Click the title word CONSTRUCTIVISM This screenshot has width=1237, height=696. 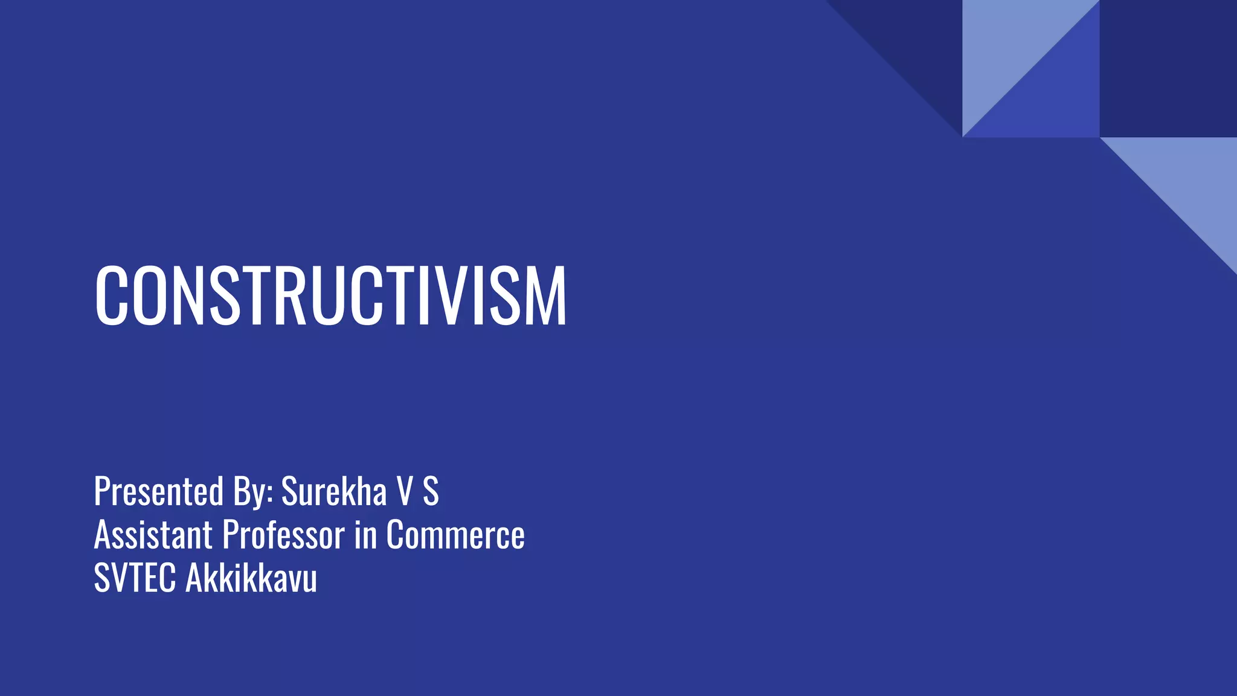[330, 297]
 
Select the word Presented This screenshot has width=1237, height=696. [159, 491]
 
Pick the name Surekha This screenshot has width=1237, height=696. [333, 491]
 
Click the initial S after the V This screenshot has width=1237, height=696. [430, 491]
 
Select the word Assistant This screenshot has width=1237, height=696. [153, 535]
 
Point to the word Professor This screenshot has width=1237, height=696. [283, 535]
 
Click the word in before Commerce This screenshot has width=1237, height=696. [365, 535]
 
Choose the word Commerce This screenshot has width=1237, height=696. [455, 536]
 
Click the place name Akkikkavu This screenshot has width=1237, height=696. [251, 578]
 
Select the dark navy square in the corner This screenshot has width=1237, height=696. [1168, 68]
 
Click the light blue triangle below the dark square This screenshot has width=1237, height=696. [1190, 181]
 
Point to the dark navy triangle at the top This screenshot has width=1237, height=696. [918, 42]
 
